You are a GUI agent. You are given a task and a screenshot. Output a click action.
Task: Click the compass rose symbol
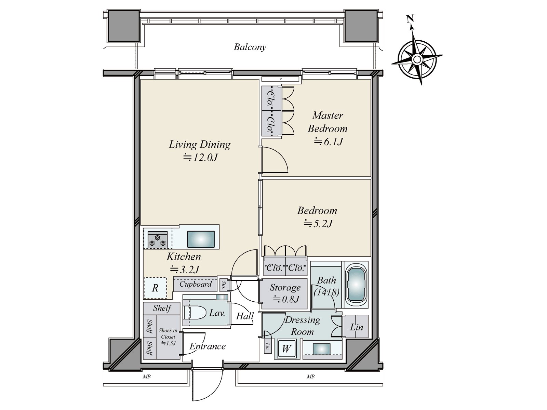pyautogui.click(x=417, y=59)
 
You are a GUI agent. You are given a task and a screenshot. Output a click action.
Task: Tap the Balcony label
pyautogui.click(x=250, y=47)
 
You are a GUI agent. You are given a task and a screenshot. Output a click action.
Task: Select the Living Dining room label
pyautogui.click(x=200, y=145)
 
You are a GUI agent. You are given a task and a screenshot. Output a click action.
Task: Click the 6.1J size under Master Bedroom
pyautogui.click(x=329, y=141)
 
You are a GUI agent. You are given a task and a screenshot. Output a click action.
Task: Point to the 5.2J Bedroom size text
pyautogui.click(x=318, y=224)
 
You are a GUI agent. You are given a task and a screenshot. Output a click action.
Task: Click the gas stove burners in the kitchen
pyautogui.click(x=158, y=240)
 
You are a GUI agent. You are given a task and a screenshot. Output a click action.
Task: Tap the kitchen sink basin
pyautogui.click(x=201, y=239)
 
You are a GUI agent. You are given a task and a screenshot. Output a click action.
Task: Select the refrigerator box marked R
pyautogui.click(x=155, y=288)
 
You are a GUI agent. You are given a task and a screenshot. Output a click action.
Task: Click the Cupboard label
pyautogui.click(x=196, y=284)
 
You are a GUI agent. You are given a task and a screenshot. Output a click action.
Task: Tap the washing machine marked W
pyautogui.click(x=286, y=349)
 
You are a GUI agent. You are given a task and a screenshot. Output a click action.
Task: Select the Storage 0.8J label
pyautogui.click(x=285, y=293)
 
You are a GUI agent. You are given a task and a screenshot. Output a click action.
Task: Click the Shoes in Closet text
pyautogui.click(x=168, y=337)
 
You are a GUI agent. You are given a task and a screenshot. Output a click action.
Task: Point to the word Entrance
pyautogui.click(x=208, y=346)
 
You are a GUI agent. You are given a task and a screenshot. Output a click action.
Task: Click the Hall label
pyautogui.click(x=245, y=316)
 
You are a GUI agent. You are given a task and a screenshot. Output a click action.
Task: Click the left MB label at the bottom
pyautogui.click(x=147, y=377)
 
